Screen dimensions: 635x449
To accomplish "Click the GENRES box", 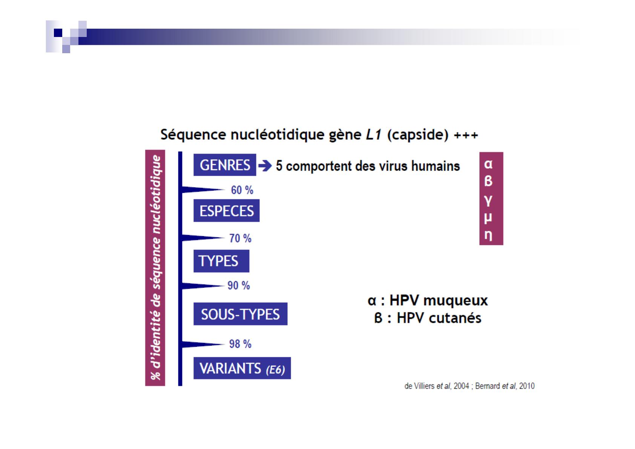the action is pyautogui.click(x=225, y=165).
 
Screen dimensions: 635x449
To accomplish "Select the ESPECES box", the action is pyautogui.click(x=227, y=211).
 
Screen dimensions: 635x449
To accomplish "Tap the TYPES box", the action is pyautogui.click(x=221, y=261).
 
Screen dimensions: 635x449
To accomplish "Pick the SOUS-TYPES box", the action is pyautogui.click(x=241, y=314).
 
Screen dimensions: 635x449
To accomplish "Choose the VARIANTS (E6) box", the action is pyautogui.click(x=242, y=368).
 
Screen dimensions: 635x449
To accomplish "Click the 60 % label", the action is pyautogui.click(x=242, y=190).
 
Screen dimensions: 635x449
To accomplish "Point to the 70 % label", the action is pyautogui.click(x=241, y=238).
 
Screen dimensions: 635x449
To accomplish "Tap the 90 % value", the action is pyautogui.click(x=239, y=285).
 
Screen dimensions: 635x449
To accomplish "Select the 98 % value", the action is pyautogui.click(x=241, y=344).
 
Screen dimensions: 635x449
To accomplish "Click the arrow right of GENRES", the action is pyautogui.click(x=265, y=166).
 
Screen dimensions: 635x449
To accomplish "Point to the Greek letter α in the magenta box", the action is pyautogui.click(x=488, y=164).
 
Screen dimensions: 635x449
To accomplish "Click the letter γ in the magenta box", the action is pyautogui.click(x=488, y=200).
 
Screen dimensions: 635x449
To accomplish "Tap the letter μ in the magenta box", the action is pyautogui.click(x=488, y=218).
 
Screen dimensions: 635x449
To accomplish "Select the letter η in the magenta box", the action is pyautogui.click(x=488, y=235).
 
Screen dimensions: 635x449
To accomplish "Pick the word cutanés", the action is pyautogui.click(x=455, y=318).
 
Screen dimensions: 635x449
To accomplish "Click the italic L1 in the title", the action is pyautogui.click(x=374, y=134).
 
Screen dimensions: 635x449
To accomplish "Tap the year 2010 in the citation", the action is pyautogui.click(x=527, y=386).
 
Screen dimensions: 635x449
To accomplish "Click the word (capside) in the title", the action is pyautogui.click(x=418, y=135).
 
